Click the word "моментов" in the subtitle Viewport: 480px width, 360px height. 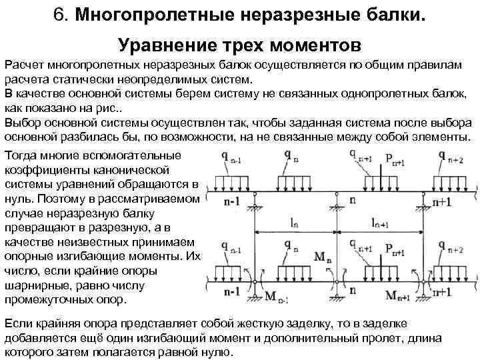(x=313, y=46)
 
